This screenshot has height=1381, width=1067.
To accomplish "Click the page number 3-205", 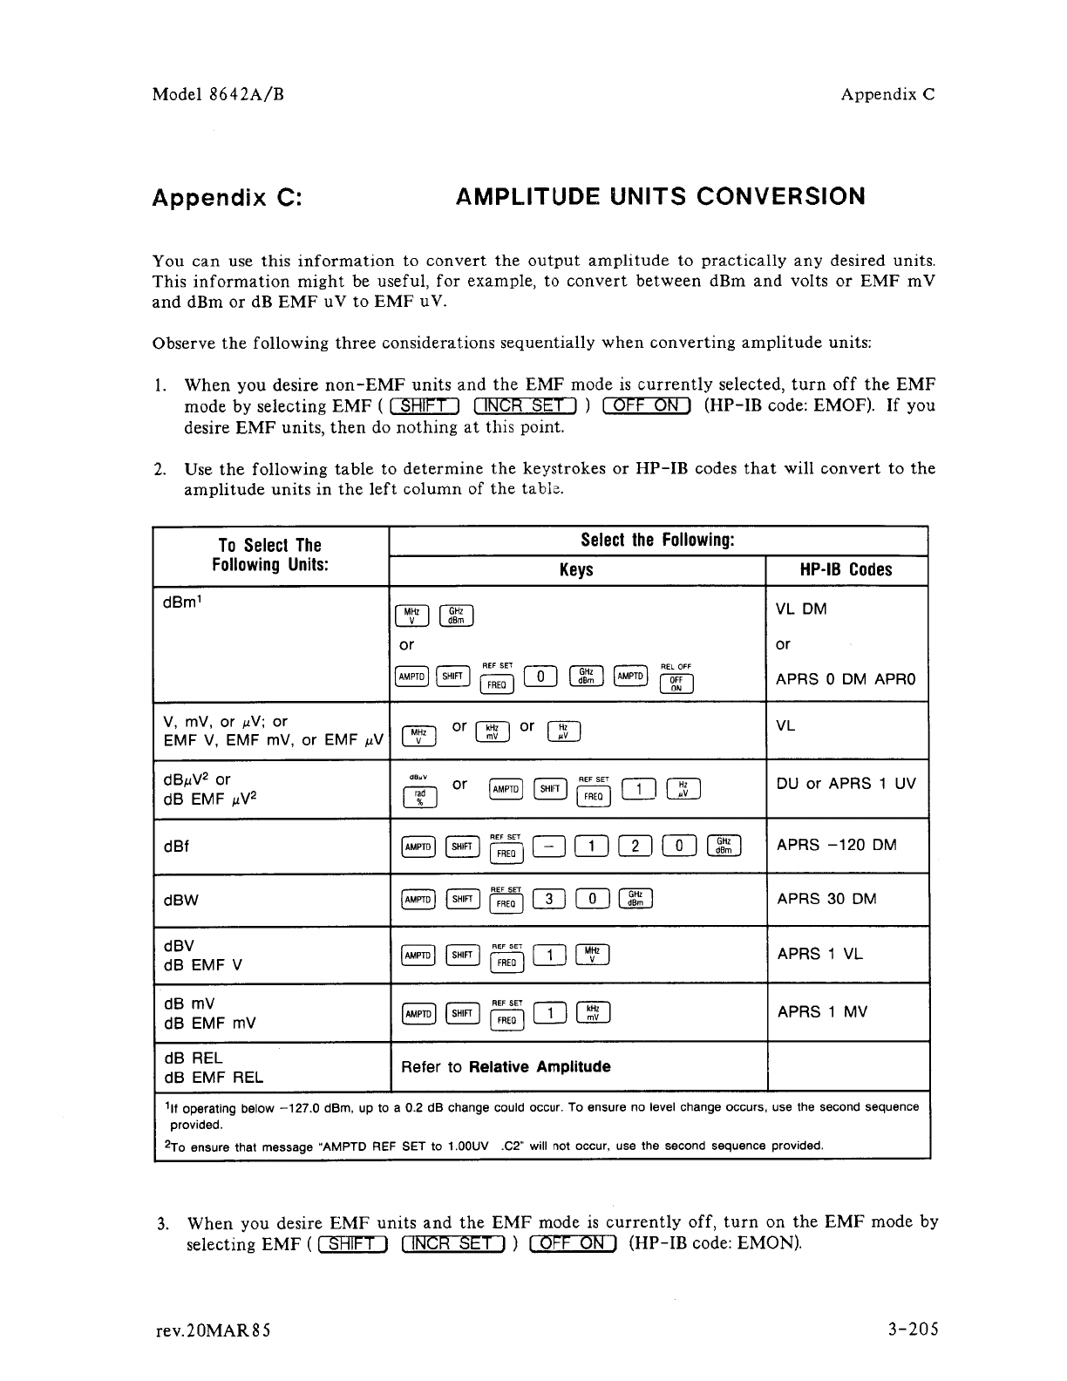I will coord(907,1330).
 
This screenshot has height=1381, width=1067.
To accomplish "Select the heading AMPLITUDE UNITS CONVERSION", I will coord(661,196).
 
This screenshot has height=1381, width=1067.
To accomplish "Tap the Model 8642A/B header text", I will coord(219,95).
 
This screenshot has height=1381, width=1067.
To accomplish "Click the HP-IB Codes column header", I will coord(846,570).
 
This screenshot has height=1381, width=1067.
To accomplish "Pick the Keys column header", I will coord(576,570).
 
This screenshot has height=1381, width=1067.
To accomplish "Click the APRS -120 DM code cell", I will coord(836,845).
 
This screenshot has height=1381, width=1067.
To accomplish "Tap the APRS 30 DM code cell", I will coord(826,899).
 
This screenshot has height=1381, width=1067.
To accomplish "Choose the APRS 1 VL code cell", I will coord(819,954).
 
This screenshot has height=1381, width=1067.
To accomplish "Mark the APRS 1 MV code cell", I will coord(821,1011).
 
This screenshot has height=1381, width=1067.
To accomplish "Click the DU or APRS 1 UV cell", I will coord(846,784).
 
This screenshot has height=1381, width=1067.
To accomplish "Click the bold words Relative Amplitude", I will coord(539,1067).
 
